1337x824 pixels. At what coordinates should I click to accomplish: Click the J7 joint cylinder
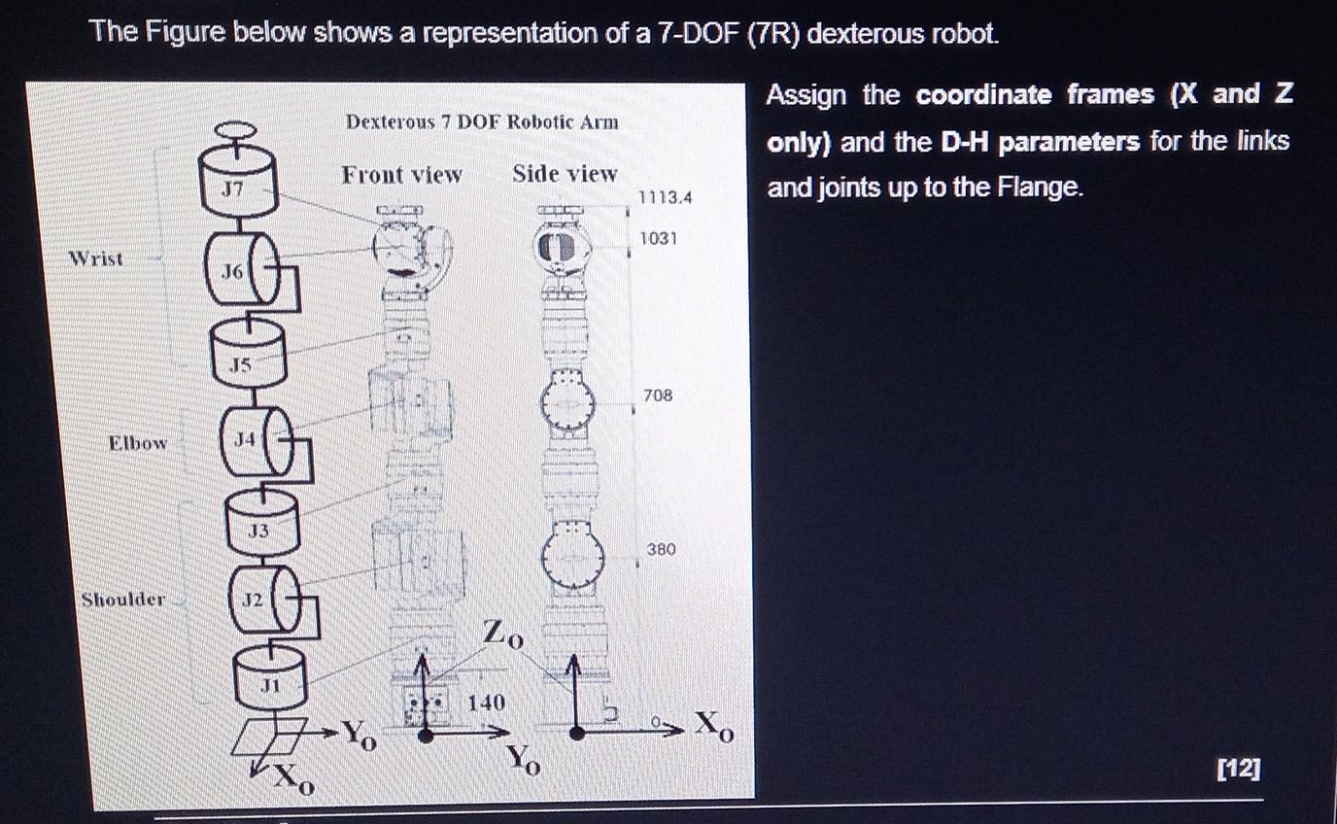[x=238, y=185]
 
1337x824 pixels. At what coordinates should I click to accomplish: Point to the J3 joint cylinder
[x=261, y=521]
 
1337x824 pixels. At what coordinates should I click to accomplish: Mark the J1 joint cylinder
[x=269, y=675]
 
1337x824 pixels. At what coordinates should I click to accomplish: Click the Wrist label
[x=96, y=258]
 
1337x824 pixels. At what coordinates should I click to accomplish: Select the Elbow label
[x=137, y=443]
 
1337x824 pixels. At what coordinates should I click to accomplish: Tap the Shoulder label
[x=123, y=600]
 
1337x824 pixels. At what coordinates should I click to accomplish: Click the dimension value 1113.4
[x=664, y=198]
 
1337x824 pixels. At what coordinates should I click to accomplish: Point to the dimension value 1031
[x=658, y=238]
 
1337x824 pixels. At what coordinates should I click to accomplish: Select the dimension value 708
[x=657, y=395]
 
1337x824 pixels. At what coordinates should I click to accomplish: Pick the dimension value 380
[x=661, y=550]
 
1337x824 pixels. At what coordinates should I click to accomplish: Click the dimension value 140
[x=486, y=702]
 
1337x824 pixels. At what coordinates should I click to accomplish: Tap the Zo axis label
[x=503, y=636]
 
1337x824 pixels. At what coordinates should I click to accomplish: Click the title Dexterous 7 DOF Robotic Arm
[x=482, y=122]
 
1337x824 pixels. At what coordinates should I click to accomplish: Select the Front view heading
[x=401, y=175]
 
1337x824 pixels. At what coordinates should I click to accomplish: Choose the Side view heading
[x=565, y=174]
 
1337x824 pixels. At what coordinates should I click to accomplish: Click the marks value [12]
[x=1239, y=770]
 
